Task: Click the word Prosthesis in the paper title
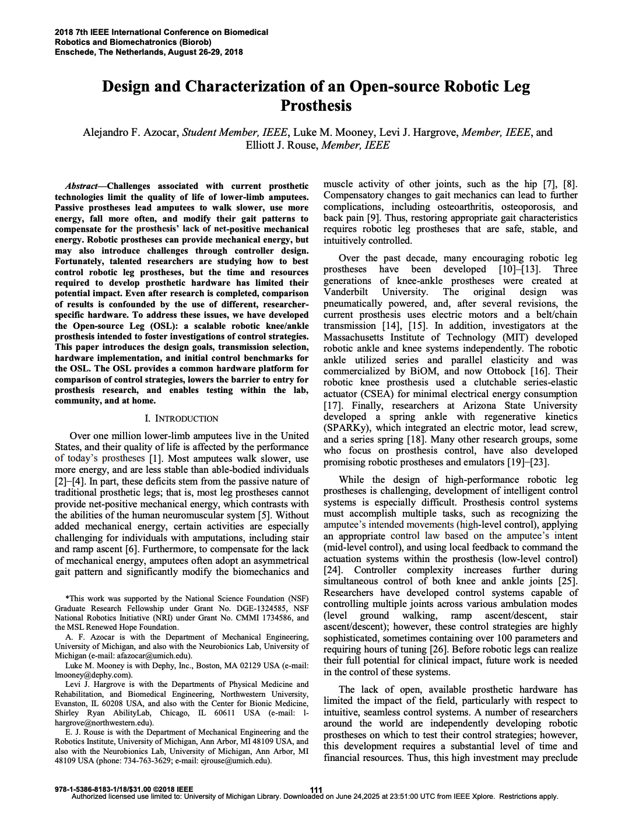316,106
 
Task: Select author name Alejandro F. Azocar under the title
130,132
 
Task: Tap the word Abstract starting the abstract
82,186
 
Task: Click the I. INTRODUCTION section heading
181,419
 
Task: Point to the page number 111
316,790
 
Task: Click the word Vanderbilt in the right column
346,292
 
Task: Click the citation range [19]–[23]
528,462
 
